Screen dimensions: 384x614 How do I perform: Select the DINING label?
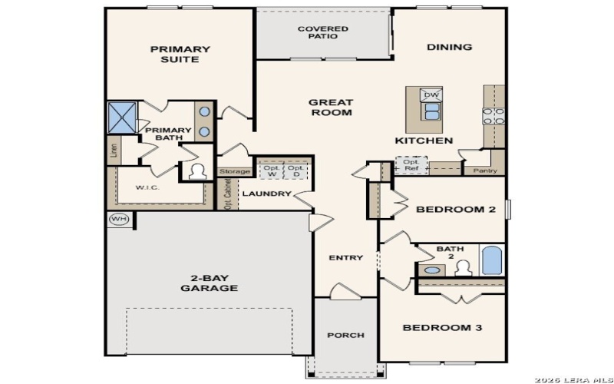tap(449, 48)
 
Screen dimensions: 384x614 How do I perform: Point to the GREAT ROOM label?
tap(331, 108)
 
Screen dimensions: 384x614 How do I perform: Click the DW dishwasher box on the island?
tap(431, 94)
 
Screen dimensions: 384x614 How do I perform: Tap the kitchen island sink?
tap(431, 112)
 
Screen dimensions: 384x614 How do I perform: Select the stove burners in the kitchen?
tap(492, 115)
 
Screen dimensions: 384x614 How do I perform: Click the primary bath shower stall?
tap(123, 116)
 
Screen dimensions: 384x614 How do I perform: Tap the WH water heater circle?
tap(118, 219)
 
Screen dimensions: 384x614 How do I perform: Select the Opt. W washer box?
tap(271, 170)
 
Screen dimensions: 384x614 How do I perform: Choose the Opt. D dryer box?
tap(296, 170)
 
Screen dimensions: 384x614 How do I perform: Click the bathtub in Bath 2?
tap(491, 261)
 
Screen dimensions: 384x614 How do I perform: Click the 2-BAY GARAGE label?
tap(209, 283)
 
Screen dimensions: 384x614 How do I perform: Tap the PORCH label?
tap(345, 335)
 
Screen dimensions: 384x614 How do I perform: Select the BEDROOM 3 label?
tap(442, 328)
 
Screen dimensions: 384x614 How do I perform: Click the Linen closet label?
tap(114, 151)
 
